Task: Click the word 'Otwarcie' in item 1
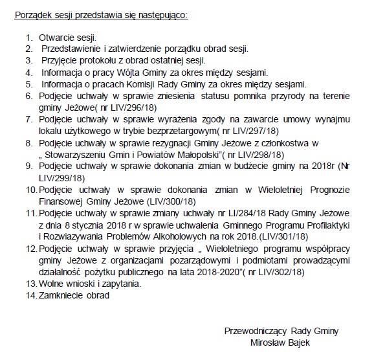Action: coord(56,39)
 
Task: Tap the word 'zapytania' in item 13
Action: coord(119,283)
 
